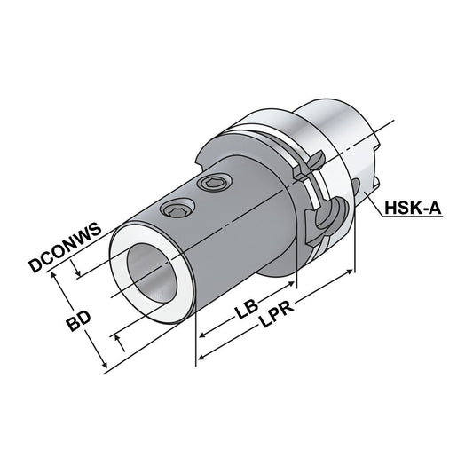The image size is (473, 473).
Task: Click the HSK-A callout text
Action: [x=414, y=211]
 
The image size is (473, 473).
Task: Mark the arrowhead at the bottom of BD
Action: [x=105, y=365]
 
